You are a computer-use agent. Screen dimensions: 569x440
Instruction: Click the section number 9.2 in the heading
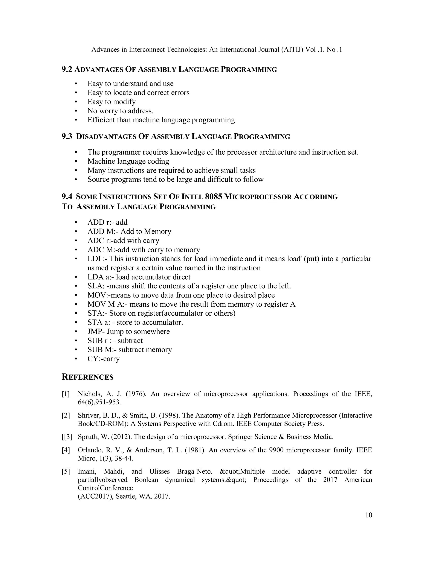click(x=67, y=70)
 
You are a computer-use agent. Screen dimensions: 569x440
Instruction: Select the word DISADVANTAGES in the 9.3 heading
click(x=106, y=137)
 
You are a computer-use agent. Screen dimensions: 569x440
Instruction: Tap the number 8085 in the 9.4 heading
click(x=214, y=196)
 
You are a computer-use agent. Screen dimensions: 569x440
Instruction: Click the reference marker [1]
click(x=66, y=394)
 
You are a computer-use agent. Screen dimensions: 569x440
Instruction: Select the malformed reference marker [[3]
click(x=67, y=437)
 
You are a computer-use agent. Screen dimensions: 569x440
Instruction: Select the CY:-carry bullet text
click(x=104, y=359)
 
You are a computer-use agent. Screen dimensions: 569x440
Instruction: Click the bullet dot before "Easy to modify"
click(x=76, y=102)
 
